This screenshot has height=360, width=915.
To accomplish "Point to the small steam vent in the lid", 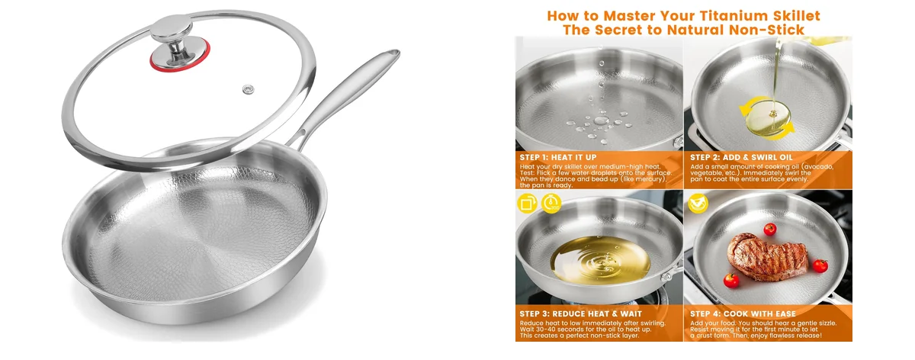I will tap(248, 89).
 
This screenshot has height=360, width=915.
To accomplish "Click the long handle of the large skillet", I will tap(347, 95).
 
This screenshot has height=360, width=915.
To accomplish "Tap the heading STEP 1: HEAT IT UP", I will tap(558, 157).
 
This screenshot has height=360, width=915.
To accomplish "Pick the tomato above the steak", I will tap(769, 229).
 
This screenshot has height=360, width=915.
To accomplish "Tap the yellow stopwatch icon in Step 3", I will tap(552, 204).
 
